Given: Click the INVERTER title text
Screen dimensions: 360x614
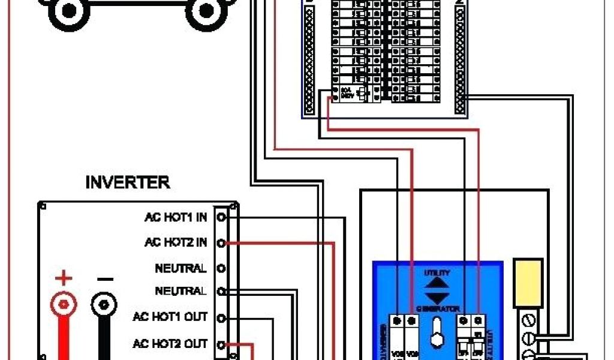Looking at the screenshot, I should [x=128, y=182].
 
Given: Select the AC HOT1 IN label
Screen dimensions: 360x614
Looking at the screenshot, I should [x=176, y=217].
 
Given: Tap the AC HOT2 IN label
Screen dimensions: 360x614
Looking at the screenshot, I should [x=176, y=242].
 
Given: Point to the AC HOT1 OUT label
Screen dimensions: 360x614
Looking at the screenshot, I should [x=170, y=317].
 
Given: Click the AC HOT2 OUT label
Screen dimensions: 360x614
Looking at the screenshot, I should [x=170, y=344].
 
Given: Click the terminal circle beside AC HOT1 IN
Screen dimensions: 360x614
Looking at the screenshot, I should [x=221, y=217].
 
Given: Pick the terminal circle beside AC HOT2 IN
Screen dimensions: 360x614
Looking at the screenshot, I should [x=221, y=243].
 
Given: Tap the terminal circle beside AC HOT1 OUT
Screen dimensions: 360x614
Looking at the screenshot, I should [x=221, y=318].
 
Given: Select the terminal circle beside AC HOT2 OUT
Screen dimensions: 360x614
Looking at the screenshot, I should [x=221, y=344].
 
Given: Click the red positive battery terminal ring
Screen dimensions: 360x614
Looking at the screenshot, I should [x=63, y=305].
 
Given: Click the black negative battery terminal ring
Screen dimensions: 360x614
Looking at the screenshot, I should [x=104, y=305].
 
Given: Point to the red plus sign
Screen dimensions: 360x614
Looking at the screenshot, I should [x=63, y=278].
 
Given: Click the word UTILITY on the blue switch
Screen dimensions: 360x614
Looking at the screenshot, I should [x=437, y=272].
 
